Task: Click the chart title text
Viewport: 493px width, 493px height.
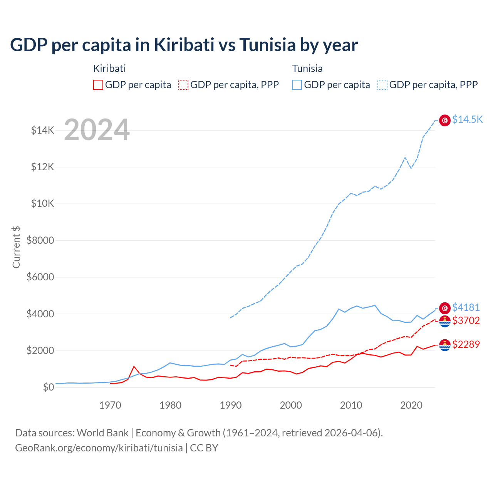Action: coord(184,45)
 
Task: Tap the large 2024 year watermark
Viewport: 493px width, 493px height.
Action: coord(97,130)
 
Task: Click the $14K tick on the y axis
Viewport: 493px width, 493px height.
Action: coord(42,130)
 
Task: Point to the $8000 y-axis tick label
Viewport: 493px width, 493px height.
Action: coord(40,240)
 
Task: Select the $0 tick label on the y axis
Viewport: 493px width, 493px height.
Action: coord(48,387)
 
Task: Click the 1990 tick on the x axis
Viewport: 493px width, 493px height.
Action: coord(230,405)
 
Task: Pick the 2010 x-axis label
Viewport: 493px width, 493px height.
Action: coord(351,405)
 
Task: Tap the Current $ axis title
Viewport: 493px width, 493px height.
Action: coord(16,247)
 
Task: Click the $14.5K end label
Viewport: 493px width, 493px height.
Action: coord(467,119)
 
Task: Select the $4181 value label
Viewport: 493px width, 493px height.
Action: coord(466,307)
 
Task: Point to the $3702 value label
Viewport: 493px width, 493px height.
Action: coord(466,320)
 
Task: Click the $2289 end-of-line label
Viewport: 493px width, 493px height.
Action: coord(466,344)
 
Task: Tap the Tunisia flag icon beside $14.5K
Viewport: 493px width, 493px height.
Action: coord(445,120)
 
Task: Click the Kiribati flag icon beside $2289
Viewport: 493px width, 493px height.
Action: coord(445,345)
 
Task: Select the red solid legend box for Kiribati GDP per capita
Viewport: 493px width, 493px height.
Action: coord(98,85)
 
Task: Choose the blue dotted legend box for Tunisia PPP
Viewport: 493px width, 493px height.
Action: coord(382,85)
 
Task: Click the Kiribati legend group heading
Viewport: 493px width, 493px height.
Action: coord(109,69)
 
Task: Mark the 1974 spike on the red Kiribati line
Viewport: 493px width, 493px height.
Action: coord(134,366)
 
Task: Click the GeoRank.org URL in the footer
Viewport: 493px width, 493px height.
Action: coord(99,448)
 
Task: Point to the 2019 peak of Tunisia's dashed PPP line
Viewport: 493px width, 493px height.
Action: coord(405,157)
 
